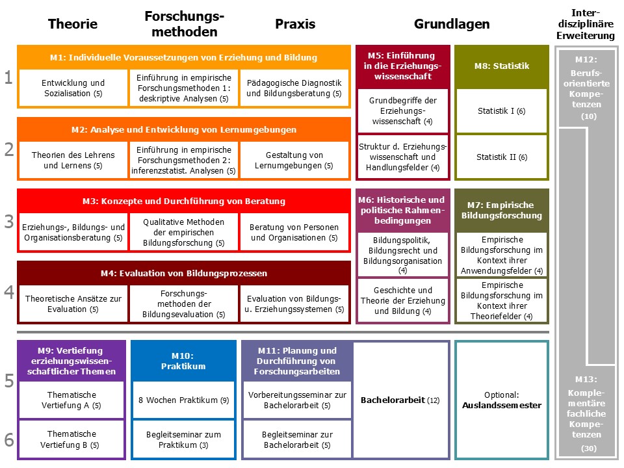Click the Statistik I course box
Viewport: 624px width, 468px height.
[x=501, y=111]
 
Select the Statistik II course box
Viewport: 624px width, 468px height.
[x=501, y=157]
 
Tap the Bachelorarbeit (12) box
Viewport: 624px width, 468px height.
[x=400, y=400]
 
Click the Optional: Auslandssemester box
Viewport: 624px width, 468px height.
[x=502, y=400]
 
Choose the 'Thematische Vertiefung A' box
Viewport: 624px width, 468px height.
[x=71, y=400]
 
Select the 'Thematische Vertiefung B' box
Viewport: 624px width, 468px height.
[x=71, y=439]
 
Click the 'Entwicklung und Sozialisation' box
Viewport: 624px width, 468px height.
[x=73, y=88]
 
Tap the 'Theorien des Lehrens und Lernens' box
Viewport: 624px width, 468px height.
[x=73, y=161]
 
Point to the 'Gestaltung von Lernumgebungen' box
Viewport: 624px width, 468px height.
[x=294, y=161]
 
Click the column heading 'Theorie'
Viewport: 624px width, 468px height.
[x=73, y=24]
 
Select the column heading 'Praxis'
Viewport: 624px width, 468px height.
[x=294, y=24]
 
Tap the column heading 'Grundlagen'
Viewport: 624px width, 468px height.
[x=452, y=24]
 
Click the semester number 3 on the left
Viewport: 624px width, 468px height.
[x=8, y=222]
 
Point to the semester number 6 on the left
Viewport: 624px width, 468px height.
[x=8, y=440]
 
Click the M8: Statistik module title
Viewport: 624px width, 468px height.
[x=501, y=66]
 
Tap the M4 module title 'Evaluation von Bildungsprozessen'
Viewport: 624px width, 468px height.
[x=184, y=273]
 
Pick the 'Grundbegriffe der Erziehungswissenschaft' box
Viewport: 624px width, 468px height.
[x=404, y=111]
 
